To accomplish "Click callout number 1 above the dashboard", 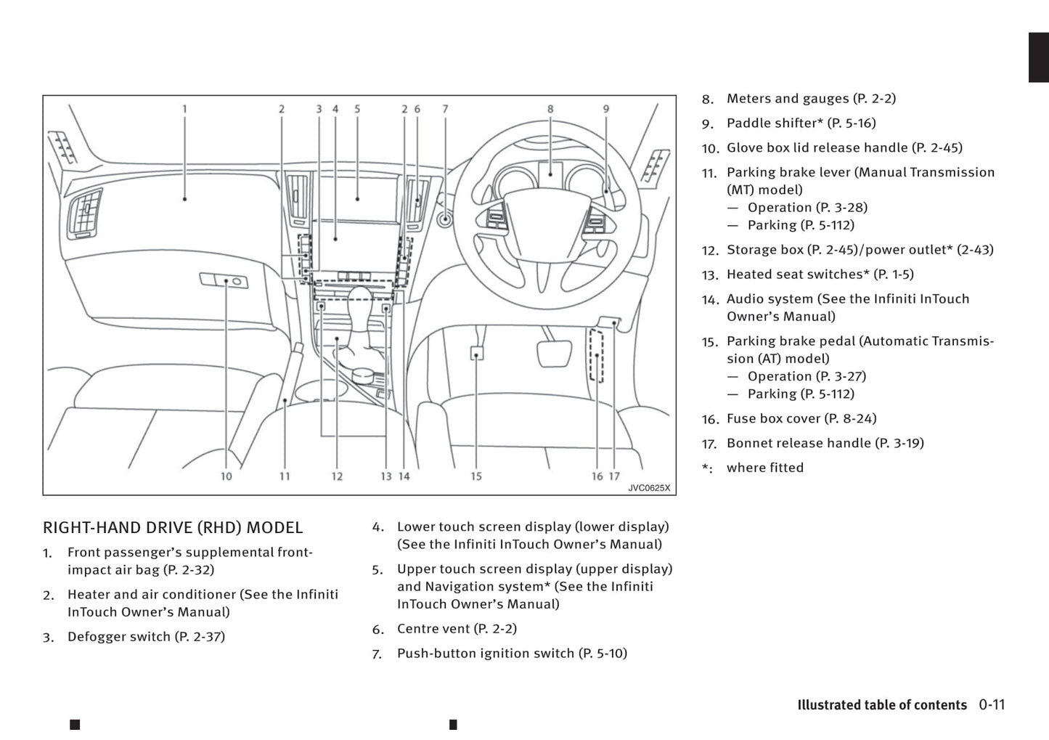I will pyautogui.click(x=184, y=109).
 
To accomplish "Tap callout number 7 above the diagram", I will pyautogui.click(x=445, y=109).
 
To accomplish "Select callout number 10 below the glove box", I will pyautogui.click(x=226, y=476).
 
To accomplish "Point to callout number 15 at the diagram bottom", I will pyautogui.click(x=476, y=476).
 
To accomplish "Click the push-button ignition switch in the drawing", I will pyautogui.click(x=444, y=218).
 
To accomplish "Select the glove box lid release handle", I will pyautogui.click(x=224, y=280).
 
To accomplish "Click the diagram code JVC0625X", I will pyautogui.click(x=649, y=488).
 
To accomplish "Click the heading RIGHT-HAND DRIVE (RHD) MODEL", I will pyautogui.click(x=173, y=528).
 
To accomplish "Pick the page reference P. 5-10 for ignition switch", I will pyautogui.click(x=603, y=654).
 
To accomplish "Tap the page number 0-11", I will pyautogui.click(x=992, y=704).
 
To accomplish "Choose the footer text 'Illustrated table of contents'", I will pyautogui.click(x=882, y=705).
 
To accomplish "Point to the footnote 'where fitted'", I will pyautogui.click(x=765, y=468).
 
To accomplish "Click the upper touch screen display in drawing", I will pyautogui.click(x=358, y=196).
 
